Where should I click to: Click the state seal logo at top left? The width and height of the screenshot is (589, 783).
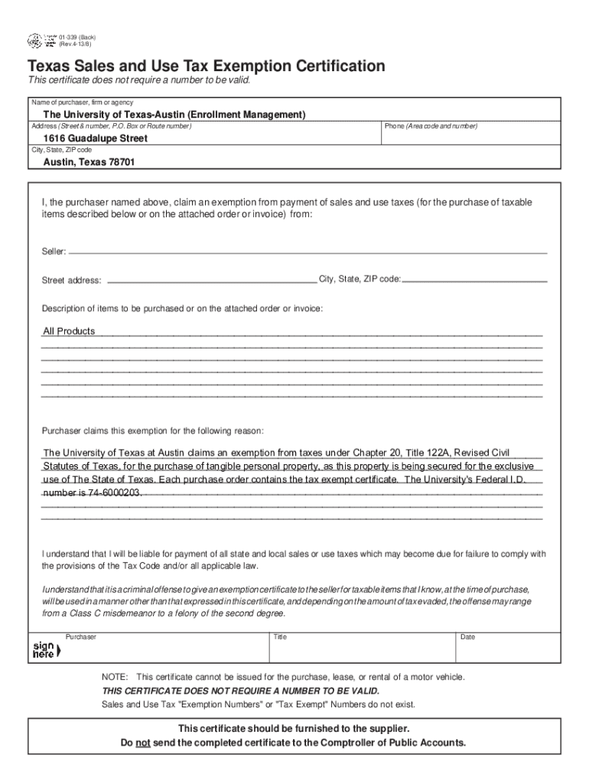coord(35,41)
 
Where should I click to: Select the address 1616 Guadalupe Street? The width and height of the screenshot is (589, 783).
coord(95,138)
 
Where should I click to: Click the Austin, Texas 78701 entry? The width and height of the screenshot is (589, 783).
coord(90,163)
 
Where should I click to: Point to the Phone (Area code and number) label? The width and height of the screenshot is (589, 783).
coord(431,126)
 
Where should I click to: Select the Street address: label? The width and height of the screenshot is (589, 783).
coord(71,281)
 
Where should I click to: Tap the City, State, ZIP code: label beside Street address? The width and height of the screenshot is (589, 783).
coord(360,279)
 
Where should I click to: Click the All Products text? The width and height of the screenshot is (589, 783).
coord(69,331)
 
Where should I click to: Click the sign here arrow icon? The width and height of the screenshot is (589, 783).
coord(44,651)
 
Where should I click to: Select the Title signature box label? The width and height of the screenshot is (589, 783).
coord(280,637)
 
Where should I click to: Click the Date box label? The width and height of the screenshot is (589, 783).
coord(467,637)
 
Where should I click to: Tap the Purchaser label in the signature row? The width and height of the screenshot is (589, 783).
coord(81,637)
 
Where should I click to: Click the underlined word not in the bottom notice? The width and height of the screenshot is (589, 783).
coord(142,742)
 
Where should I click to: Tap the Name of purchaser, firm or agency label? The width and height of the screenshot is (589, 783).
coord(82,102)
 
